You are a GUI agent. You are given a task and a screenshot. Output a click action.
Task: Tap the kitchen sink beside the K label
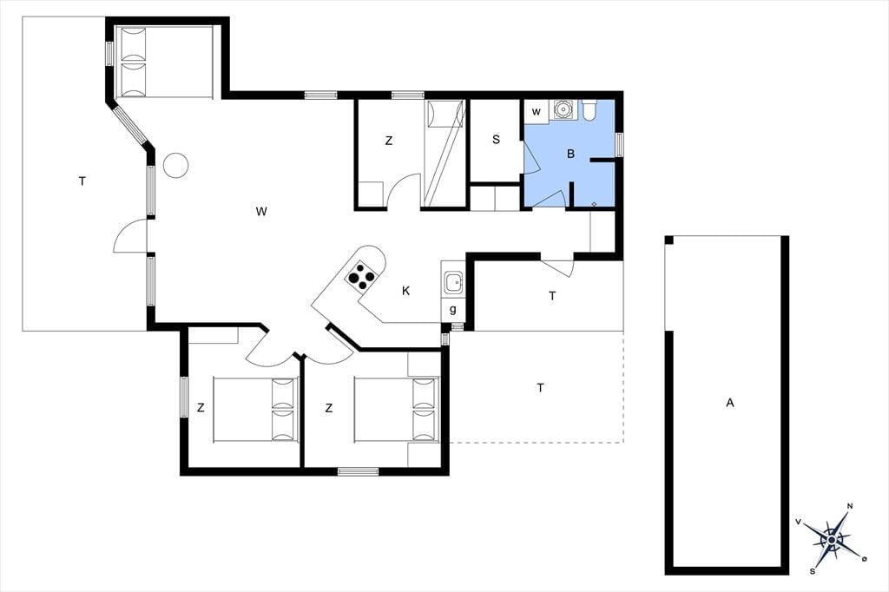(x=453, y=282)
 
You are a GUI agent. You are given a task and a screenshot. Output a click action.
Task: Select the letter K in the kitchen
(x=406, y=291)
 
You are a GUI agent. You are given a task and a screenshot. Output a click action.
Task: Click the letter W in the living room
(x=260, y=212)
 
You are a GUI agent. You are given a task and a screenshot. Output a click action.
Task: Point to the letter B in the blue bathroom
(x=571, y=154)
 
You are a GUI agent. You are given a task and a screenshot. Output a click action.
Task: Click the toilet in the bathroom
(x=589, y=110)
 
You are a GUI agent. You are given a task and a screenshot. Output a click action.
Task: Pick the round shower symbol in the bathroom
(x=563, y=109)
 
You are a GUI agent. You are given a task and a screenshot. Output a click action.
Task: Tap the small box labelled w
(x=536, y=112)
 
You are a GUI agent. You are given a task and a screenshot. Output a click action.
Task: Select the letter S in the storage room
(x=496, y=140)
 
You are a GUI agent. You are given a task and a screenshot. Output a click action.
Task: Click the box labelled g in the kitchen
(x=453, y=310)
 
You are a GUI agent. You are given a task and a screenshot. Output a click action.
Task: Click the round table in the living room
(x=175, y=166)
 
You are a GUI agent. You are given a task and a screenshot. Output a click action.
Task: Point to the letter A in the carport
(x=730, y=403)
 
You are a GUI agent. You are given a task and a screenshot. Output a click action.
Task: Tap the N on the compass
(x=850, y=506)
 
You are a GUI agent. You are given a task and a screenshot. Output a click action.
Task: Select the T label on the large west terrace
(x=82, y=181)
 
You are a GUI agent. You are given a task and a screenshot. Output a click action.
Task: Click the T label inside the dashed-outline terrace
(x=540, y=388)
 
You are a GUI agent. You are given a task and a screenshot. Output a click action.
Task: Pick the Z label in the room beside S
(x=388, y=141)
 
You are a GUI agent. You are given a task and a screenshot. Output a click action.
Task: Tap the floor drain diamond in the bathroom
(x=594, y=203)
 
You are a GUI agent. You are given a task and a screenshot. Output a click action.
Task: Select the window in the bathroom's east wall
(x=620, y=143)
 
